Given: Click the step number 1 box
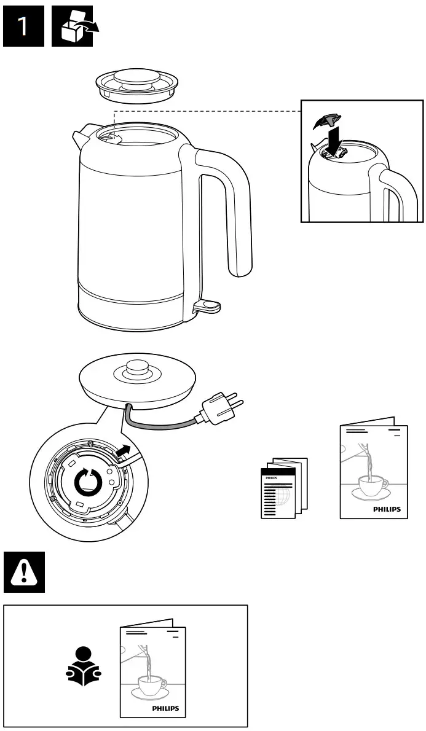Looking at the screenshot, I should [x=23, y=27].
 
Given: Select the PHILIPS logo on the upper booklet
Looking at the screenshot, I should [x=387, y=509].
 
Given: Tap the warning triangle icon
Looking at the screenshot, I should [x=24, y=571].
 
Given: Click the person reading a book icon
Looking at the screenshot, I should [x=84, y=666].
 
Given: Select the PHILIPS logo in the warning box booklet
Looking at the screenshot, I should [x=165, y=708].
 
